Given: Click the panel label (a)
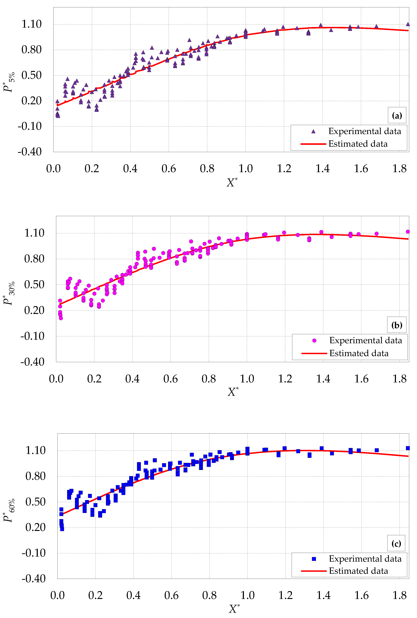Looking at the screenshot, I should (x=397, y=115).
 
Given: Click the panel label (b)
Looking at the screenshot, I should (x=397, y=325).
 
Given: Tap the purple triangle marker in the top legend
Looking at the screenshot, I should (x=313, y=131).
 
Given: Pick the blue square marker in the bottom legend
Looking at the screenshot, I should (x=314, y=559).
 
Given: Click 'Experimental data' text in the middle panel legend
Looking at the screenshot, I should (x=365, y=340).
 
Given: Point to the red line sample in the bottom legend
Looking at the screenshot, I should (x=313, y=571).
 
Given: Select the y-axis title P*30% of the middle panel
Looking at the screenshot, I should (x=9, y=293).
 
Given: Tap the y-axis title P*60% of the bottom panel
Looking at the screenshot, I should (x=9, y=510).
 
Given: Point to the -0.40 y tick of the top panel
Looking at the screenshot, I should (x=30, y=152).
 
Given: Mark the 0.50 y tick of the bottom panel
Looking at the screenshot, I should (x=35, y=502).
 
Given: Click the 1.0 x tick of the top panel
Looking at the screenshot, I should (x=245, y=169).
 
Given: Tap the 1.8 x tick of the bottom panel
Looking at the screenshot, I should (x=399, y=595).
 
